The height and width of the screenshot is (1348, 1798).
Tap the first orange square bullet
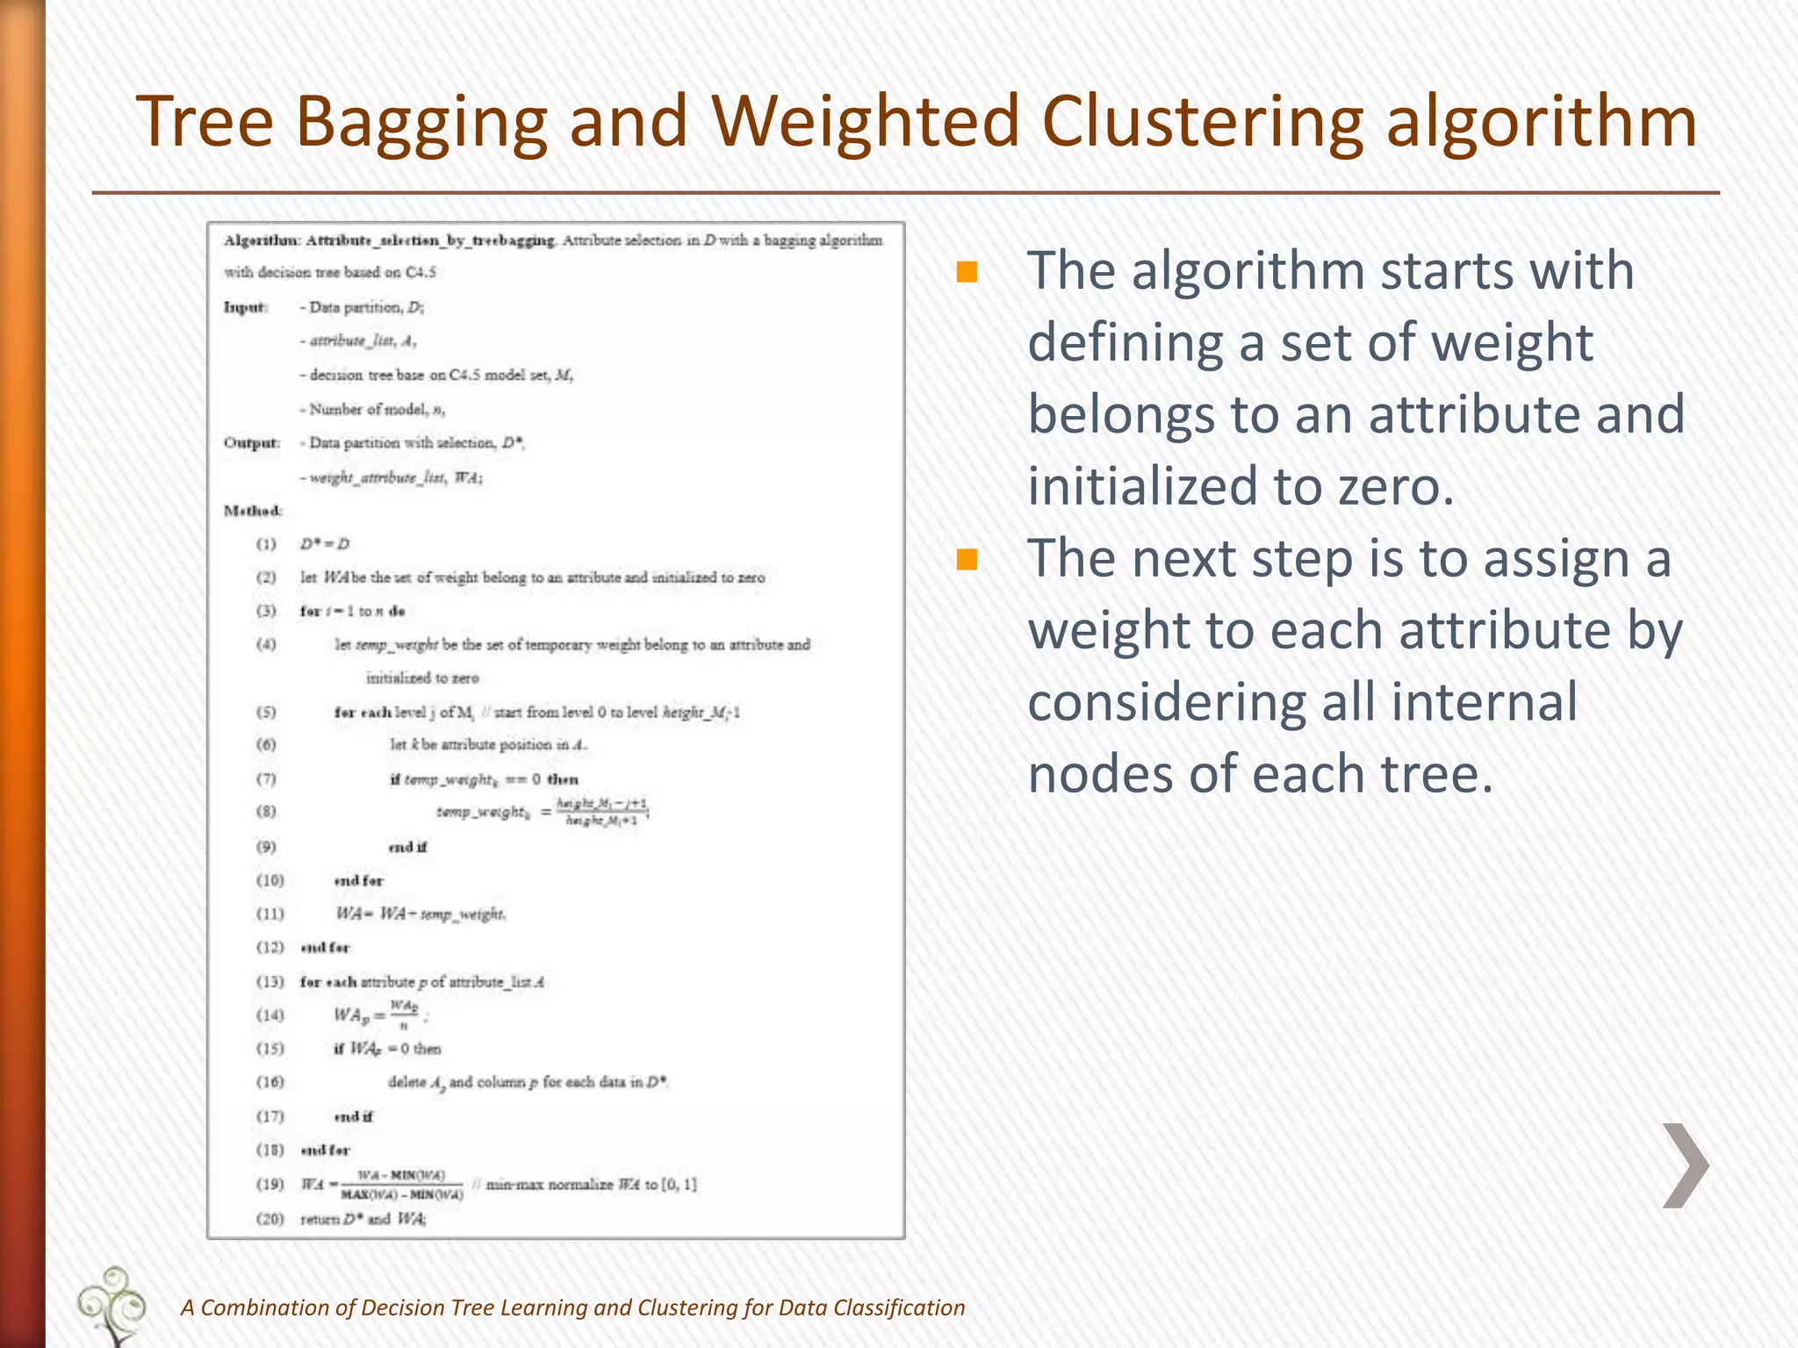967,272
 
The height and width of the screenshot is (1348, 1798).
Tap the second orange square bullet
967,559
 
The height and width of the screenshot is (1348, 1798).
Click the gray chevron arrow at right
1685,1165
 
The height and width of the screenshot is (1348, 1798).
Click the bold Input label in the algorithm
245,307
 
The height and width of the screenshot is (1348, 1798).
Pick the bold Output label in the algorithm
251,443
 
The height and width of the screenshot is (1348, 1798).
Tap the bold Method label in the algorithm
253,511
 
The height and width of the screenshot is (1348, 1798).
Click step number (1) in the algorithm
266,544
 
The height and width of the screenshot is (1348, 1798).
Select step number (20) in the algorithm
270,1219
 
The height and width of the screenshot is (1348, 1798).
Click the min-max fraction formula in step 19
402,1185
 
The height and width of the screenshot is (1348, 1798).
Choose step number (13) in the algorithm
270,982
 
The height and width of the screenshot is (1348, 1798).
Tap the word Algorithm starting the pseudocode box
262,240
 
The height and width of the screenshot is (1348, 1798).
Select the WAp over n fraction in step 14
404,1015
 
